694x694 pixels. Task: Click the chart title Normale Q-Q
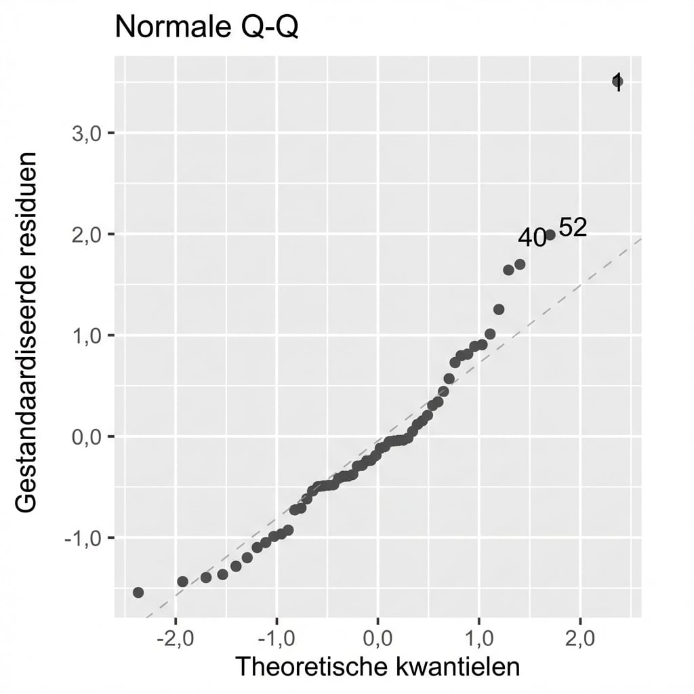coord(206,28)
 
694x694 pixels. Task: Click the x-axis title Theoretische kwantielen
coord(377,667)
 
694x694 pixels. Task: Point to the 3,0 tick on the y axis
coord(86,133)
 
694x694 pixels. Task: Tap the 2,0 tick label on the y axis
coord(86,234)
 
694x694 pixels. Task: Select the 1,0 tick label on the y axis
coord(86,335)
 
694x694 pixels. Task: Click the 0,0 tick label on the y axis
coord(86,437)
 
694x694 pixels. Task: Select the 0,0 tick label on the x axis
coord(377,638)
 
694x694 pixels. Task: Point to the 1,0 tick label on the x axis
coord(478,638)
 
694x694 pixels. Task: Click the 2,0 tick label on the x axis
coord(580,638)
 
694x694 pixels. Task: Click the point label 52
coord(573,228)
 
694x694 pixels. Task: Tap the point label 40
coord(532,238)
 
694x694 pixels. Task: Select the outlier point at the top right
coord(617,82)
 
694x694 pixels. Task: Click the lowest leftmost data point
coord(138,592)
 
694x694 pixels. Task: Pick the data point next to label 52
coord(550,234)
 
